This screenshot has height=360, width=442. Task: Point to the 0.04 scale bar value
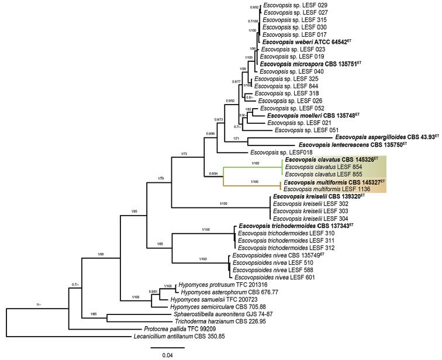click(x=168, y=354)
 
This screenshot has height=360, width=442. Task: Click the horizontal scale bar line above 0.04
click(x=168, y=347)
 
